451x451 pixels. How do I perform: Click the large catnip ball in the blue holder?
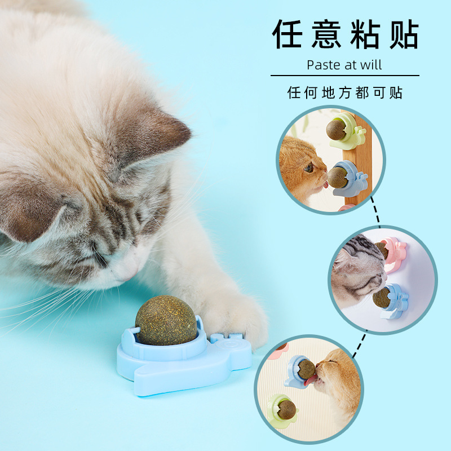pos(166,320)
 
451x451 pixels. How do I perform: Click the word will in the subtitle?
pos(372,65)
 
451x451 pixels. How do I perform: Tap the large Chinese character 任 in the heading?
pos(287,34)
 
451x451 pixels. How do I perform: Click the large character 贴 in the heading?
pos(404,34)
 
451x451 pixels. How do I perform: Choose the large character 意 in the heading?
pos(326,34)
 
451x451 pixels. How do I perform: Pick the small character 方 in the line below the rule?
pos(345,92)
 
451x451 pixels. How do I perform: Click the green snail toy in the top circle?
pos(347,131)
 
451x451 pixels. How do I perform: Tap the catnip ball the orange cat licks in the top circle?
pos(337,178)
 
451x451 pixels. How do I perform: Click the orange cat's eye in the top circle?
pos(308,167)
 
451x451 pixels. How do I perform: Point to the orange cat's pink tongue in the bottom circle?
pos(311,381)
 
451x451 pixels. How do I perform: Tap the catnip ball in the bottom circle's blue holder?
pos(306,369)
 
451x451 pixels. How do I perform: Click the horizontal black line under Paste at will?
pos(345,76)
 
